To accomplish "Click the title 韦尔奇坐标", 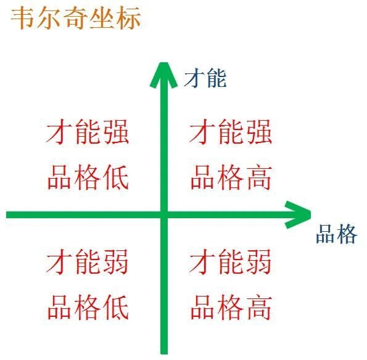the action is click(x=76, y=18).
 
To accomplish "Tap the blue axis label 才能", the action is click(x=205, y=78).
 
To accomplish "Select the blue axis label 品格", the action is click(x=336, y=234).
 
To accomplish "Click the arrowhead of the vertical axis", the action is click(x=164, y=75).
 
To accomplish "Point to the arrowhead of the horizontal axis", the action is click(x=298, y=215).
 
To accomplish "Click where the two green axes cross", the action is click(x=164, y=215).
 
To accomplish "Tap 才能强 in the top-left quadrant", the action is click(x=88, y=132).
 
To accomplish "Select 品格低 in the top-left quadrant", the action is click(x=88, y=177).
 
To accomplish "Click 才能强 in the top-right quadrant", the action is click(x=230, y=132).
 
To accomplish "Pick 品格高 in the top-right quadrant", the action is click(x=231, y=177).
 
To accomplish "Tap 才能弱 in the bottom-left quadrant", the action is click(x=88, y=261).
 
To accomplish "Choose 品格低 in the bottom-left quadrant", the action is click(x=88, y=307).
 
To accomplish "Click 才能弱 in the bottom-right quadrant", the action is click(x=230, y=261).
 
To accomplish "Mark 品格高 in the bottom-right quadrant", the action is click(x=231, y=307).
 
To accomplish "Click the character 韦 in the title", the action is click(x=23, y=18).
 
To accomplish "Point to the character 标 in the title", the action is click(x=129, y=18).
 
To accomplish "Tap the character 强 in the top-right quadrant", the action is click(x=259, y=132).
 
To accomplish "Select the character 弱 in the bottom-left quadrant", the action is click(x=116, y=261).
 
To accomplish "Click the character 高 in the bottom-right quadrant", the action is click(x=259, y=307).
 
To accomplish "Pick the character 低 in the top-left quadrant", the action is click(x=117, y=177).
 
